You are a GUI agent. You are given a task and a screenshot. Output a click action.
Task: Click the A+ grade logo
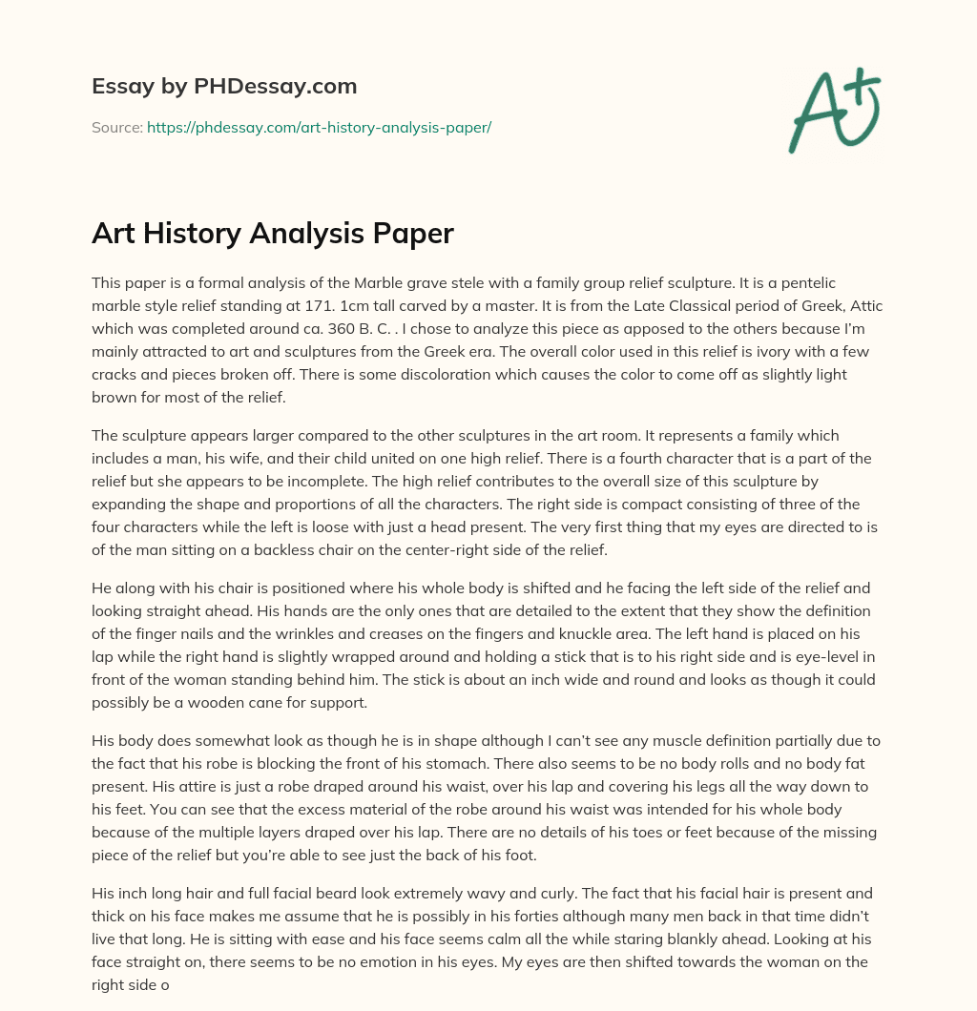tap(834, 110)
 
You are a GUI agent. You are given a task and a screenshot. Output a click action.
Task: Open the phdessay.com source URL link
tap(319, 127)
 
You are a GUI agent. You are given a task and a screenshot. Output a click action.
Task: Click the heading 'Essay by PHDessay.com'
tap(224, 87)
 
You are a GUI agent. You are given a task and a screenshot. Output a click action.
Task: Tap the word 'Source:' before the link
tap(116, 127)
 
